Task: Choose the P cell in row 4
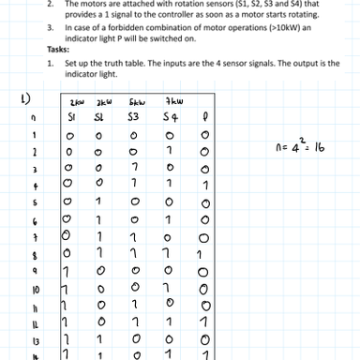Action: [204, 185]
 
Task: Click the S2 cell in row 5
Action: [98, 202]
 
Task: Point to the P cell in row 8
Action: [200, 254]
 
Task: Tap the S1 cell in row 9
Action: [67, 271]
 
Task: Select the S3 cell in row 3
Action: [134, 168]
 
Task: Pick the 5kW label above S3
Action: [137, 101]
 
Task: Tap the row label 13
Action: [34, 340]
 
